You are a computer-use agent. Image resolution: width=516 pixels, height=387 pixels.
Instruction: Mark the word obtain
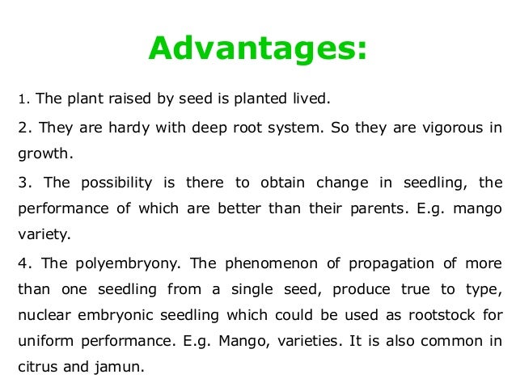(277, 182)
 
